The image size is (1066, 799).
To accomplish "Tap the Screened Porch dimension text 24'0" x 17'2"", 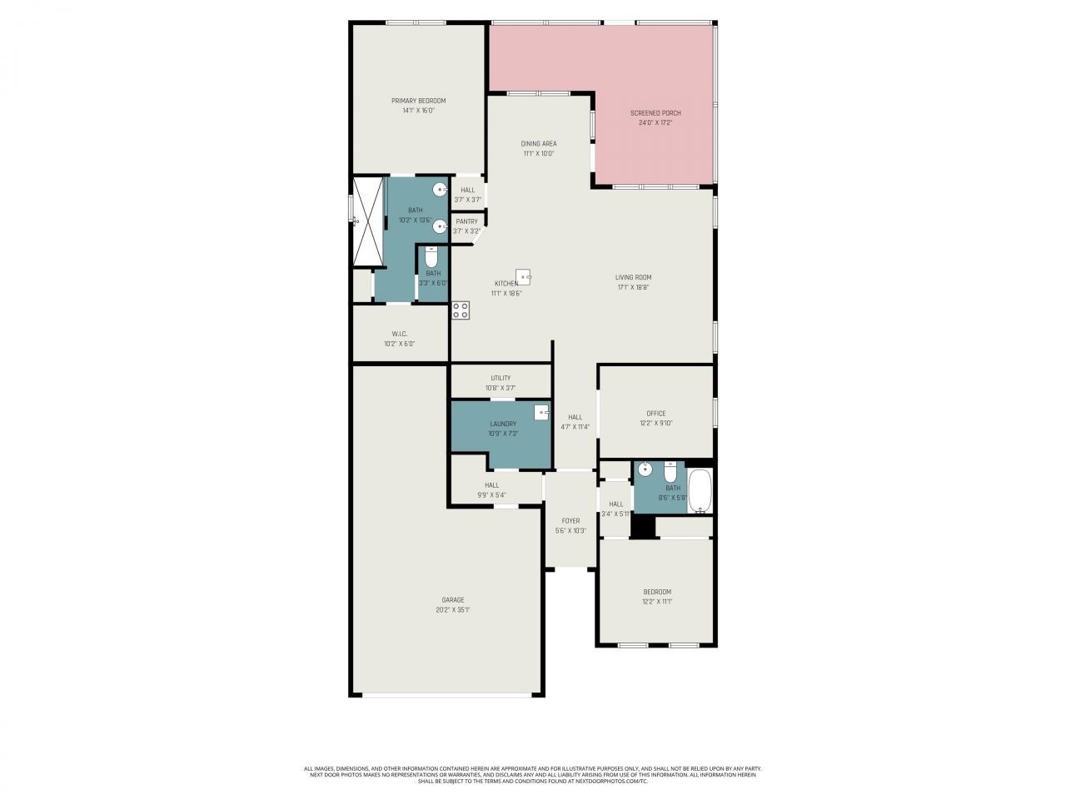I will (x=655, y=123).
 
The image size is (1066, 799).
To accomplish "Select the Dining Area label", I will (x=539, y=144).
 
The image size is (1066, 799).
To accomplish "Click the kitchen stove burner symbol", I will (x=461, y=310).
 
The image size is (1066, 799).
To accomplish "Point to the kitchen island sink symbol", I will (x=524, y=276).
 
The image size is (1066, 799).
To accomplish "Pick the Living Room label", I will (x=633, y=278).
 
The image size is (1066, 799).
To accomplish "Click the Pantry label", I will (x=466, y=221).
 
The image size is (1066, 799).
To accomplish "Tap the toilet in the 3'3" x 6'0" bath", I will (x=431, y=256).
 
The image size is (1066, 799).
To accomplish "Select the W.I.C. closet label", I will (x=399, y=334).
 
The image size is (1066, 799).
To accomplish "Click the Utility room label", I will (x=501, y=378).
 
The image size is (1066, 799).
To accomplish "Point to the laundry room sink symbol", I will (x=541, y=411).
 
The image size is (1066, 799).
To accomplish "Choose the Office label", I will (x=656, y=414).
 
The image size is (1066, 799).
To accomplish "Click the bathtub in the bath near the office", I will (x=700, y=491).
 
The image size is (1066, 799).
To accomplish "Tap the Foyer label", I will (x=570, y=521).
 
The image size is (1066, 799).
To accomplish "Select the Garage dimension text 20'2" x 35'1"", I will (x=453, y=610).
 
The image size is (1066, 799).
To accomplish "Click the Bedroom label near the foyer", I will (x=656, y=592).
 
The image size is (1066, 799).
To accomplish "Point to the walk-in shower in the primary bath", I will (x=367, y=221).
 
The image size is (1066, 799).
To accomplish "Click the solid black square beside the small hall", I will (x=642, y=527).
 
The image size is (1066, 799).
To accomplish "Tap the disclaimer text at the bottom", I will (x=533, y=775).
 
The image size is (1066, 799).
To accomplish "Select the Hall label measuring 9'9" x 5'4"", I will (x=491, y=485).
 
